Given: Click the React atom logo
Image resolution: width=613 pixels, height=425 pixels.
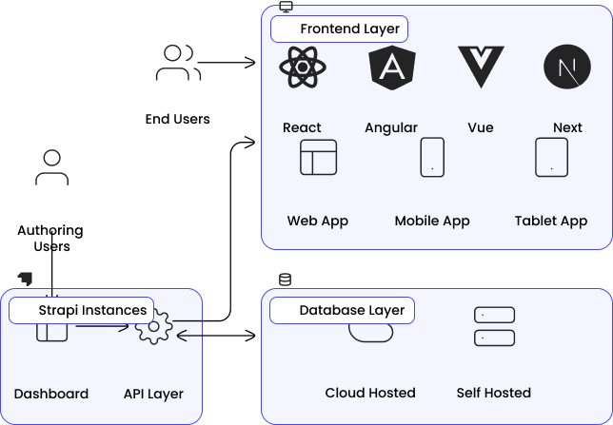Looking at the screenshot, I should pyautogui.click(x=303, y=68).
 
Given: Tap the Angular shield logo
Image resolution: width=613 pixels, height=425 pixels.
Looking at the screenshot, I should pyautogui.click(x=391, y=68).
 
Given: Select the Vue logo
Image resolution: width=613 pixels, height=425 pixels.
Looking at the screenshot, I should pyautogui.click(x=481, y=67).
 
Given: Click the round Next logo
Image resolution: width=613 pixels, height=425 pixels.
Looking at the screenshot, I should pyautogui.click(x=568, y=68).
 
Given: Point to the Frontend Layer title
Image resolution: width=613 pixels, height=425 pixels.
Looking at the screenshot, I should pyautogui.click(x=349, y=29).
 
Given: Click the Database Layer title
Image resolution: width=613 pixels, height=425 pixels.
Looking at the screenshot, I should pyautogui.click(x=351, y=311).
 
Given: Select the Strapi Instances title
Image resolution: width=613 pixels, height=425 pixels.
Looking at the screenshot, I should pyautogui.click(x=92, y=311).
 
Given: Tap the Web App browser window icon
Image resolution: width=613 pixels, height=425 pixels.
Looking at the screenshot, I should pyautogui.click(x=318, y=157).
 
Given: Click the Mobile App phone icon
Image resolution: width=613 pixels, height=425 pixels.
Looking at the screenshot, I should pyautogui.click(x=432, y=157).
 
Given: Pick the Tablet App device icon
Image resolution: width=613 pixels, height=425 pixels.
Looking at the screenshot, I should pyautogui.click(x=551, y=157).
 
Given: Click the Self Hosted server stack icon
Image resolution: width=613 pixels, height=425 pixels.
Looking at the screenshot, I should pyautogui.click(x=494, y=325).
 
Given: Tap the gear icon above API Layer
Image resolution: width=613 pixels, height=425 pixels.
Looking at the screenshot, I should pyautogui.click(x=153, y=328).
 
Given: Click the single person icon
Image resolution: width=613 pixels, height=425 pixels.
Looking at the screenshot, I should pyautogui.click(x=51, y=167).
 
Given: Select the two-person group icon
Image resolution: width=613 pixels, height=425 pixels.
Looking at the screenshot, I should pyautogui.click(x=177, y=64).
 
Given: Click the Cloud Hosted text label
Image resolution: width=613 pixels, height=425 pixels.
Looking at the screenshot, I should pyautogui.click(x=370, y=393).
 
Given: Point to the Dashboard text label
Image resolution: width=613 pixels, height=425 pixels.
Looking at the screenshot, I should pyautogui.click(x=51, y=394).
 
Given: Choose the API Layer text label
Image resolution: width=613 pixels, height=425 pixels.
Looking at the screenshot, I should pyautogui.click(x=153, y=394).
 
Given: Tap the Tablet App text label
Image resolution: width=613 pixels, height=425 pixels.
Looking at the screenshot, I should pyautogui.click(x=551, y=221).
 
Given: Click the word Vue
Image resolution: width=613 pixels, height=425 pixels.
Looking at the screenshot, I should pyautogui.click(x=481, y=127).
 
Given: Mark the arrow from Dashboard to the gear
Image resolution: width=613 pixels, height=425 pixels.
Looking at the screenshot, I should pyautogui.click(x=102, y=328).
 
